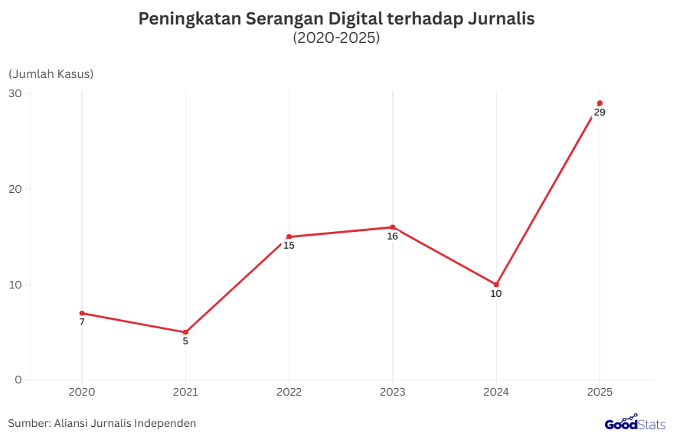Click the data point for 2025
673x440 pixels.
pos(599,103)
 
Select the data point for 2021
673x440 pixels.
pos(185,332)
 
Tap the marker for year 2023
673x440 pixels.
pos(393,227)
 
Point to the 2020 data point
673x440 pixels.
pos(82,313)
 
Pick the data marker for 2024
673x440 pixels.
pos(496,285)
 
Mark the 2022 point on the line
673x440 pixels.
pos(289,236)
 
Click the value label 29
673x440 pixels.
pos(599,112)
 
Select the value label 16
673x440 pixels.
pos(393,236)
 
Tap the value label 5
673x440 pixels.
pos(185,341)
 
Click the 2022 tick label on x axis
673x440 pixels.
pos(289,392)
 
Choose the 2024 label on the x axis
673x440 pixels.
pos(496,392)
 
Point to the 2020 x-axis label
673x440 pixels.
pos(82,392)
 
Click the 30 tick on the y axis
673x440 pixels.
pos(15,93)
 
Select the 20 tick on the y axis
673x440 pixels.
pos(15,189)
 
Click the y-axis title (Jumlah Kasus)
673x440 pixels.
pos(51,74)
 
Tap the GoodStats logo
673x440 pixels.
pos(635,423)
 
